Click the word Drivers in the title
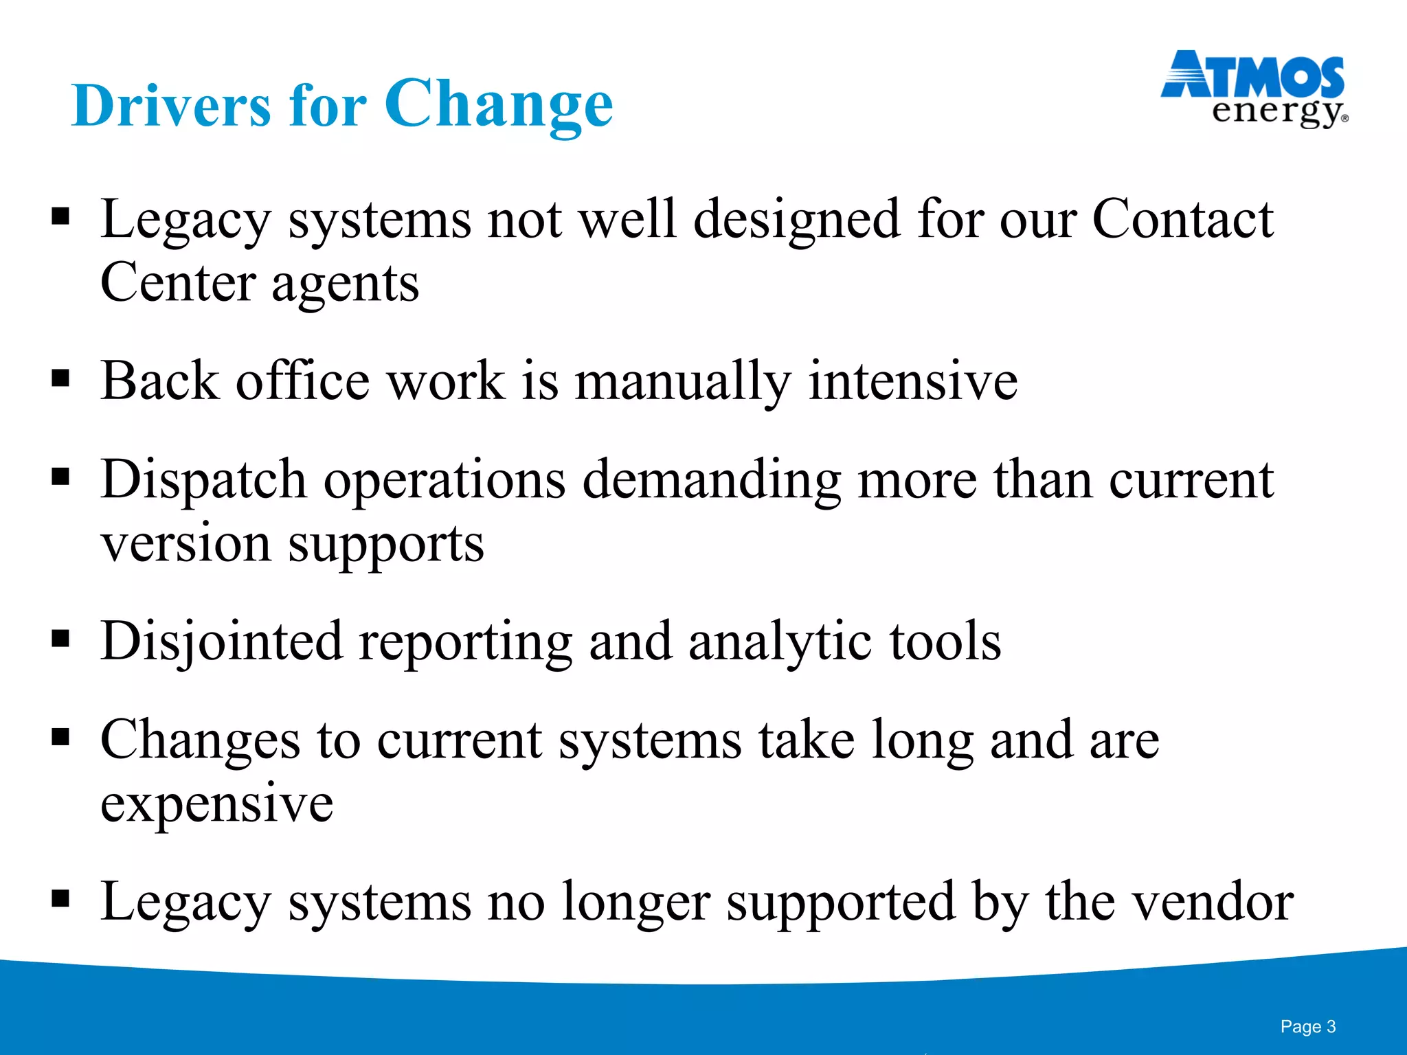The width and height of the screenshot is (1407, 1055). click(x=171, y=106)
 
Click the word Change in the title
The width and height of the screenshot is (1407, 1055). click(x=498, y=104)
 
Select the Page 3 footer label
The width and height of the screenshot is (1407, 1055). click(x=1307, y=1026)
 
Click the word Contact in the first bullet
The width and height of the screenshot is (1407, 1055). click(x=1182, y=218)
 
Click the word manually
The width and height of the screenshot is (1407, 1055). click(x=682, y=381)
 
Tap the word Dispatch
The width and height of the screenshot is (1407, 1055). click(x=203, y=479)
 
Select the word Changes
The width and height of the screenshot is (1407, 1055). click(x=200, y=740)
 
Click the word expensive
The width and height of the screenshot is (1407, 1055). click(x=216, y=804)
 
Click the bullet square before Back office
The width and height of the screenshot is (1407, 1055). click(x=60, y=378)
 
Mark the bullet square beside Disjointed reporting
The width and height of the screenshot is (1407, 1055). click(x=60, y=639)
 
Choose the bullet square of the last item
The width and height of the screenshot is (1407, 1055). click(x=60, y=898)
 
